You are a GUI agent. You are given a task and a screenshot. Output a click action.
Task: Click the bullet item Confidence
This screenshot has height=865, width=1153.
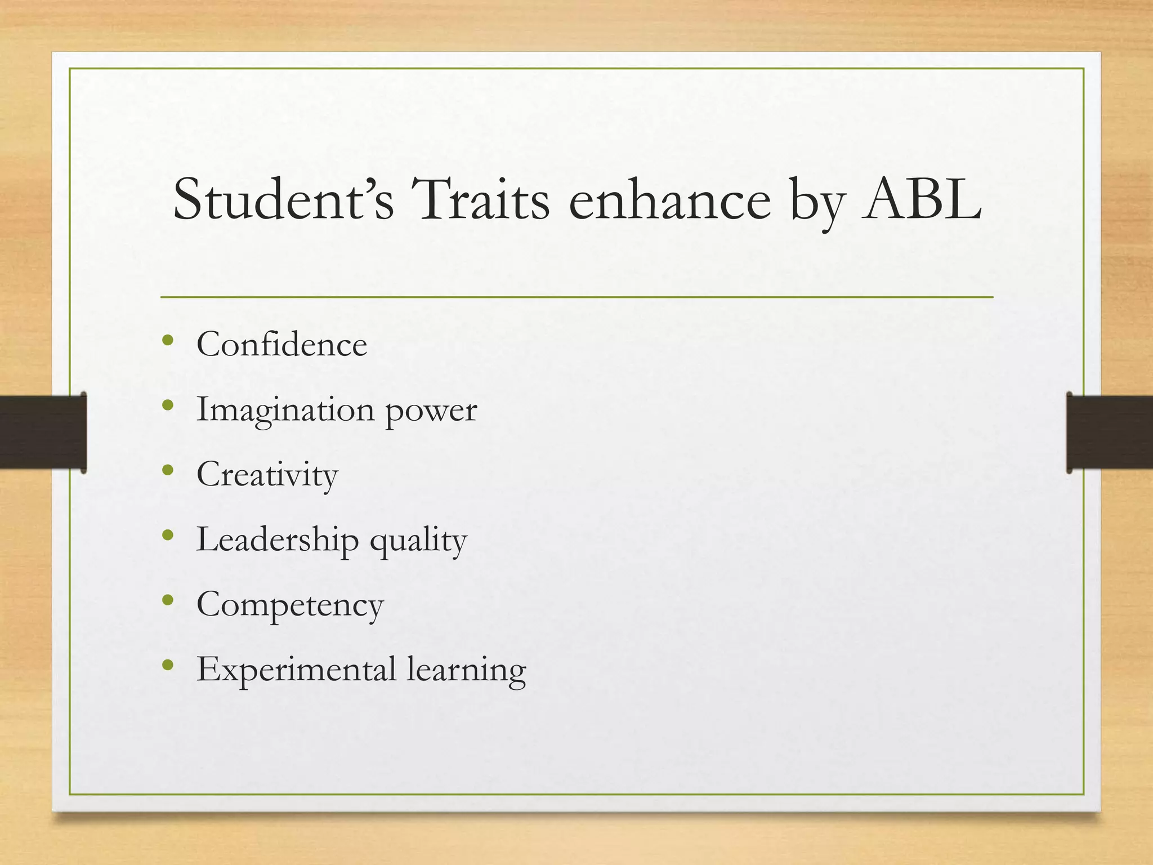coord(281,344)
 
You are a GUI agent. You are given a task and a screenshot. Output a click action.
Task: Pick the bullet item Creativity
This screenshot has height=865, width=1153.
coord(267,475)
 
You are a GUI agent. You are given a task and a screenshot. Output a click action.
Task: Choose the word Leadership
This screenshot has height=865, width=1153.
coord(277,540)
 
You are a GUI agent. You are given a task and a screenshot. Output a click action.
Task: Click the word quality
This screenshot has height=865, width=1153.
coord(418,542)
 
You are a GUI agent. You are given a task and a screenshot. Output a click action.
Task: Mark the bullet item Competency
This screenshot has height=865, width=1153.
coord(290,606)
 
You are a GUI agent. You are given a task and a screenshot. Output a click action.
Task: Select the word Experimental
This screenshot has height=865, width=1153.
coord(296,671)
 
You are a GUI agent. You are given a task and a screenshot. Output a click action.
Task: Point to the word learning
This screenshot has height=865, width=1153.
coord(466,671)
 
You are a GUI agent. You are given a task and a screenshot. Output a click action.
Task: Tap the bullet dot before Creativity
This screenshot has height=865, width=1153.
coord(167,470)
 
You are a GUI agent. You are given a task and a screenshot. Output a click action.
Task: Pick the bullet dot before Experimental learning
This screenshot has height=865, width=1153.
coord(167,666)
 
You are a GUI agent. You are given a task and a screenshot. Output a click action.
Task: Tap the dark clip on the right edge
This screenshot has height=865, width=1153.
coord(1109,432)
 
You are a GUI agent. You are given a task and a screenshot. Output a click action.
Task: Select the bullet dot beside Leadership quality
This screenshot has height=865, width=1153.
coord(167,536)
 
